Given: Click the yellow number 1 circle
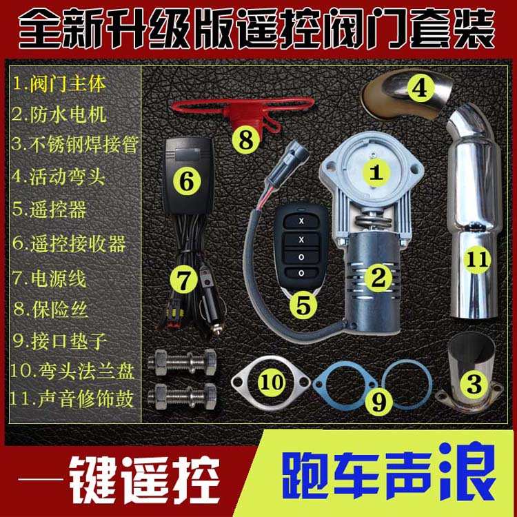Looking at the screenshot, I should coord(376,172).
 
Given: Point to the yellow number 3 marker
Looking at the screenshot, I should coord(474,385).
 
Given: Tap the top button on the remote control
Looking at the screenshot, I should coord(301,221).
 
